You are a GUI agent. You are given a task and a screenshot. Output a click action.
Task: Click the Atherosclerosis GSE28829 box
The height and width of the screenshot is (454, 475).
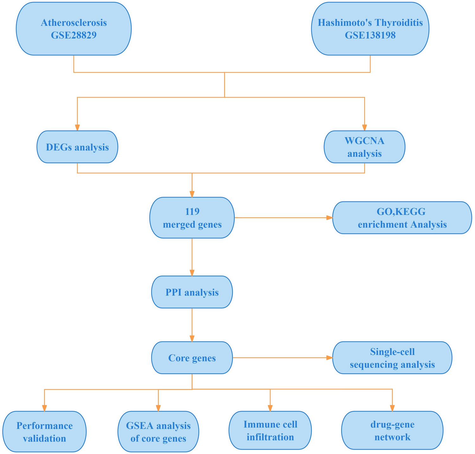[74, 29]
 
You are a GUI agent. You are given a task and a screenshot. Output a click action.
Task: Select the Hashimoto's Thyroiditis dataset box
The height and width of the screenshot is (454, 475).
[370, 29]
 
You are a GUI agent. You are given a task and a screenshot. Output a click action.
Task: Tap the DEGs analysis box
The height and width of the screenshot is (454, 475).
[77, 147]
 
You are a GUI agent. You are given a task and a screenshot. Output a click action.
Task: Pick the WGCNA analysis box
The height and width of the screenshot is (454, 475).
[364, 147]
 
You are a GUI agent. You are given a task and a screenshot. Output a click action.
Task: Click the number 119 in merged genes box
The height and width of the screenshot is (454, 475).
[192, 211]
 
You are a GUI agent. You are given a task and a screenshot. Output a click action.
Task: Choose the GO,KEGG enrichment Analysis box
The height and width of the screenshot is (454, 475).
[402, 218]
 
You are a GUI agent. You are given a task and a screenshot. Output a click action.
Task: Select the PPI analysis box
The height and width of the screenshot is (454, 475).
[192, 292]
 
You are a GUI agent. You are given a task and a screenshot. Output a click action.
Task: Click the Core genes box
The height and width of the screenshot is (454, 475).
[192, 358]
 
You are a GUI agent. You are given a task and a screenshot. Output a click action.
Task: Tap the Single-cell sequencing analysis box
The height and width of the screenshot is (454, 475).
[392, 358]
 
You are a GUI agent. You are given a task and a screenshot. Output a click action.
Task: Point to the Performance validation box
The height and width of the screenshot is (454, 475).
[44, 432]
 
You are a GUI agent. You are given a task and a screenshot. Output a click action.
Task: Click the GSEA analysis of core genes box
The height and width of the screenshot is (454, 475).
[158, 432]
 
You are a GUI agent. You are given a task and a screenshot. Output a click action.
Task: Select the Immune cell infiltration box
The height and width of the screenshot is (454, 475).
[270, 430]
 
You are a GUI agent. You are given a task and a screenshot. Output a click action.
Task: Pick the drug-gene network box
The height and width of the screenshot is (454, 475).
[392, 430]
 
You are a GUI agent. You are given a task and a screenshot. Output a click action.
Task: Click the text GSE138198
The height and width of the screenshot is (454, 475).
[370, 35]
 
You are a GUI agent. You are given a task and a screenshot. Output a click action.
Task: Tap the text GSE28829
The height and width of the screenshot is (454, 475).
[74, 35]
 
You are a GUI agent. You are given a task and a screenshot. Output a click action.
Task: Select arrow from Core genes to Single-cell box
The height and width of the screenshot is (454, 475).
[282, 358]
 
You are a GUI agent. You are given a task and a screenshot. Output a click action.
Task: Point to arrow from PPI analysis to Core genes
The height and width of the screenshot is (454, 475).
[192, 325]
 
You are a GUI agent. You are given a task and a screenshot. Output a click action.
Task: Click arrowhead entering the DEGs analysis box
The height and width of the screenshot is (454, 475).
[77, 127]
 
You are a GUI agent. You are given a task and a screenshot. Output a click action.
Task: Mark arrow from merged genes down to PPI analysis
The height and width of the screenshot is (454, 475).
[192, 256]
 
